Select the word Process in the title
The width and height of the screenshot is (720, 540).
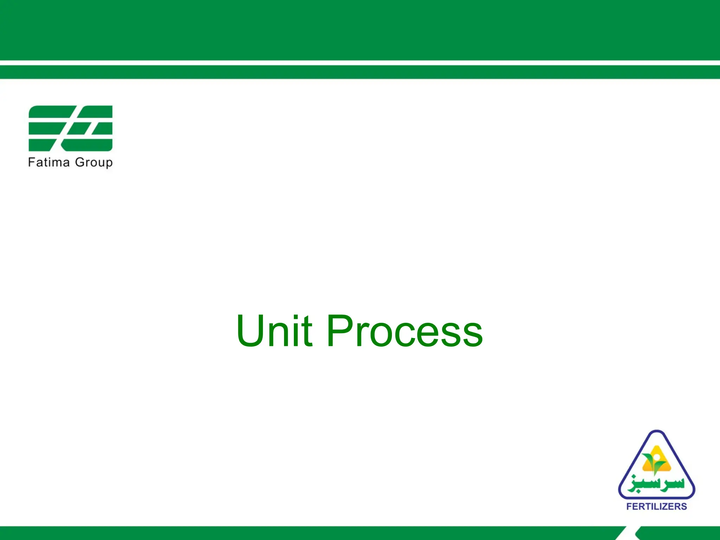[405, 331]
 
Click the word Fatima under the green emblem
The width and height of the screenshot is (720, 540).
[49, 162]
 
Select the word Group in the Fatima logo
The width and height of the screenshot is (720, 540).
[94, 163]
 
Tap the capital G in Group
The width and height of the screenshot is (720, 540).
[80, 162]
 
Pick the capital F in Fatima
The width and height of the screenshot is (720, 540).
[31, 162]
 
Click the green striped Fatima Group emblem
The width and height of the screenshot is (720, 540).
[70, 128]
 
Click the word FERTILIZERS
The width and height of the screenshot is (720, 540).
[656, 506]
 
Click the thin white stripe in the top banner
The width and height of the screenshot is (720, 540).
[360, 63]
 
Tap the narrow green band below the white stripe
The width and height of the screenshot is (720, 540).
[360, 72]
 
